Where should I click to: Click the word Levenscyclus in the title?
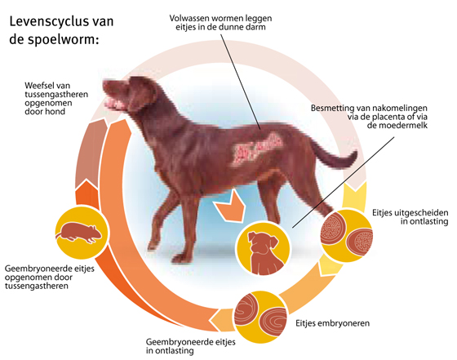coord(47,22)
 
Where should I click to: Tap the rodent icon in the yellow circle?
coord(79,233)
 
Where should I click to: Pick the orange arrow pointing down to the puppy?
coord(229,207)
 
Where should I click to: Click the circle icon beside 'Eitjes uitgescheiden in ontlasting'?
coord(346,236)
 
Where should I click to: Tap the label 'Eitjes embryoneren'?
coord(333,323)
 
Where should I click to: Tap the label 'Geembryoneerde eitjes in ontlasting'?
coord(191,346)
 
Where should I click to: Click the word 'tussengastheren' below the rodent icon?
coord(37,286)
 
